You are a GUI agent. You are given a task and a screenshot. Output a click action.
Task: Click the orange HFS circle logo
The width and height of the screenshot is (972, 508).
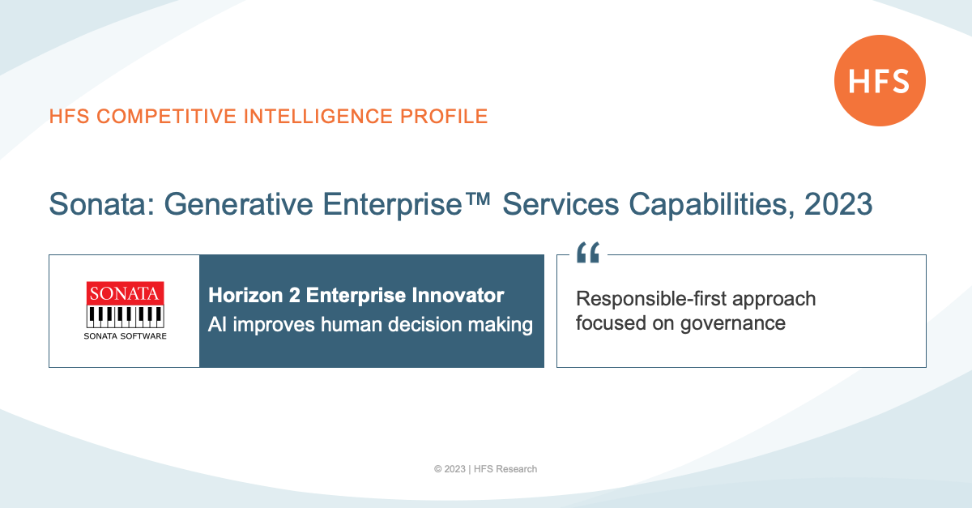tap(880, 81)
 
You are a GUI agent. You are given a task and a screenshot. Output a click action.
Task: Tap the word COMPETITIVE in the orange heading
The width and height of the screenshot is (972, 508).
tap(167, 117)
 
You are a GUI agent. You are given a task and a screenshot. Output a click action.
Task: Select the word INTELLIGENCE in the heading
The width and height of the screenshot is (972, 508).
tap(318, 117)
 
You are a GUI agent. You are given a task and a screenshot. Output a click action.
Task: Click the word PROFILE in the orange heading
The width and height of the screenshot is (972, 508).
tap(444, 117)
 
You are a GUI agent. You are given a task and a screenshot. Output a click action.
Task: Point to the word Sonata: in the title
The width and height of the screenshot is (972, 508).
tap(101, 204)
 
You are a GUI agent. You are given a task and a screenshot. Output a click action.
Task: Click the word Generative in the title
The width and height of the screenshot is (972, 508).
tap(238, 204)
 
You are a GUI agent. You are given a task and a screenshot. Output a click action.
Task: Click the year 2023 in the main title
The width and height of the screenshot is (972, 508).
tap(838, 204)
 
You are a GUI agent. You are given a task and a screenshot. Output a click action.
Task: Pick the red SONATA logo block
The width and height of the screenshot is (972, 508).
tap(125, 293)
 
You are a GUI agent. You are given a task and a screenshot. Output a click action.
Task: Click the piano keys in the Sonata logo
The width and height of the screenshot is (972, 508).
tap(125, 317)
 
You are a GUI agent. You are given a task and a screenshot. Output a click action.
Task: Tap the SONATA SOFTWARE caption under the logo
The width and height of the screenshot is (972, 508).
tap(125, 336)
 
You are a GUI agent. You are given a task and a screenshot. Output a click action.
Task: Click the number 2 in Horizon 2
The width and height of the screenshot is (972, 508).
tap(294, 296)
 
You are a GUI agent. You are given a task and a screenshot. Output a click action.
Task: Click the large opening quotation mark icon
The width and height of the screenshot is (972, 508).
tap(588, 252)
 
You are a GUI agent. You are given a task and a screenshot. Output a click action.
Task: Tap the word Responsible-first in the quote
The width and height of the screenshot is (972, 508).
tap(651, 299)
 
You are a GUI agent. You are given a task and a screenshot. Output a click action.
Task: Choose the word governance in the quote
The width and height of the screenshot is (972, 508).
tap(733, 324)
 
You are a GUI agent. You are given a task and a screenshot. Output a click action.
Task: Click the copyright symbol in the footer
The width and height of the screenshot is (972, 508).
tap(438, 469)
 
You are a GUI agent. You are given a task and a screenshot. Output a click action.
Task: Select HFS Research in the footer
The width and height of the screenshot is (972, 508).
tap(505, 469)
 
